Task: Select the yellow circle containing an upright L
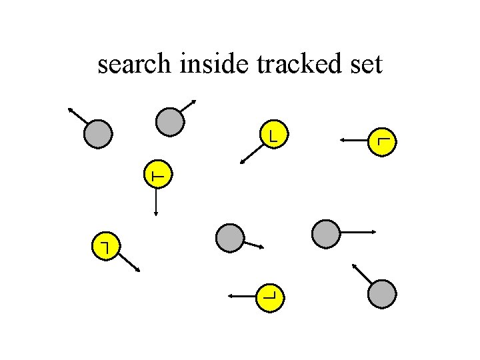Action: (x=273, y=135)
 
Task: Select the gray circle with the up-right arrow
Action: (x=169, y=121)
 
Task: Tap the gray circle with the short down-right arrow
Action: (x=231, y=237)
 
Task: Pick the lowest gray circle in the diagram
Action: (x=382, y=294)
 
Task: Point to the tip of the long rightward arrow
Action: (x=375, y=232)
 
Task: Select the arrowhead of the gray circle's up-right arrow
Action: (x=194, y=101)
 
